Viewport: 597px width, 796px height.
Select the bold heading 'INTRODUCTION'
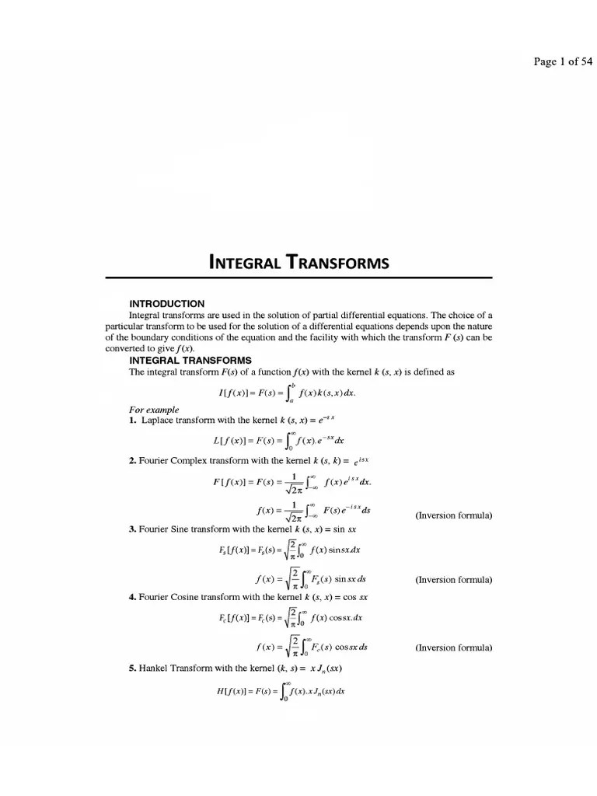(x=166, y=303)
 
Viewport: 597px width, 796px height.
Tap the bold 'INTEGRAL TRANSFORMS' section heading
(x=190, y=361)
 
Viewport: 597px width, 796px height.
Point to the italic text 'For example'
(x=154, y=410)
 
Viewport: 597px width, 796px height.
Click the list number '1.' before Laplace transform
(x=133, y=420)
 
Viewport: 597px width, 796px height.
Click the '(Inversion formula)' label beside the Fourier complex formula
(x=453, y=515)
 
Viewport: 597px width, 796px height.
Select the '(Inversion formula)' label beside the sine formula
(x=453, y=580)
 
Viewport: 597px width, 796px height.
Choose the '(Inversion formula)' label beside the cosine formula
(x=453, y=648)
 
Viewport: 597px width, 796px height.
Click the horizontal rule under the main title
(x=298, y=278)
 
